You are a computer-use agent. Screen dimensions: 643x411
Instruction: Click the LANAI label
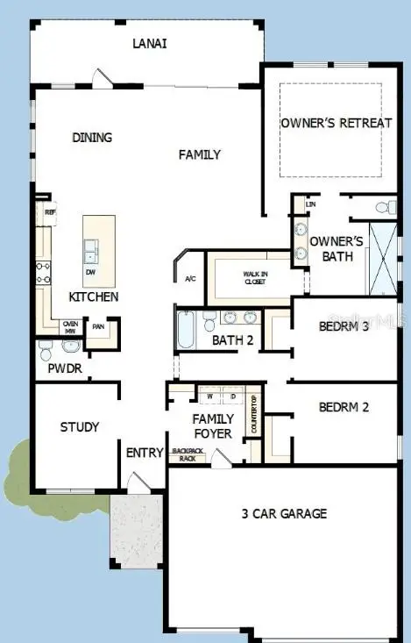pos(150,43)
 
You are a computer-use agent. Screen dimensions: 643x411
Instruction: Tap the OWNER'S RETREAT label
pos(336,123)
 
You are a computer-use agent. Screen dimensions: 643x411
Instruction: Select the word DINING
pos(92,138)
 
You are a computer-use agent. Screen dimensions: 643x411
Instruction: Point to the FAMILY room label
pos(200,155)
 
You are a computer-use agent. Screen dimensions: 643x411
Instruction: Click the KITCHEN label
pos(94,297)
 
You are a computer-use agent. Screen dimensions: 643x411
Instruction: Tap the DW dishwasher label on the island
pos(91,272)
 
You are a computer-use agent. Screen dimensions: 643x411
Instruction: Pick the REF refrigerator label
pos(39,211)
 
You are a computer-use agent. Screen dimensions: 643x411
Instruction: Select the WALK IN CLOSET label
pos(255,279)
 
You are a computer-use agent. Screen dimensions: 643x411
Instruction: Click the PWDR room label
pos(65,369)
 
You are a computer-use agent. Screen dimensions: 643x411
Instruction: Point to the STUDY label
pos(79,427)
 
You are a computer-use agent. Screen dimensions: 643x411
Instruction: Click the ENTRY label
pos(145,453)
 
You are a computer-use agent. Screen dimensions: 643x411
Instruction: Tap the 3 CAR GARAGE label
pos(285,513)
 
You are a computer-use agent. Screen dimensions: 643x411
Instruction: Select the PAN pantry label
pos(98,327)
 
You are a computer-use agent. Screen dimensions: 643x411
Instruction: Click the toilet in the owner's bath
pos(382,209)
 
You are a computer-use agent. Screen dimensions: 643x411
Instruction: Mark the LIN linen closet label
pos(310,204)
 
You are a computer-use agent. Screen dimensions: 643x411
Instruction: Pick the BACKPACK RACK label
pos(188,454)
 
